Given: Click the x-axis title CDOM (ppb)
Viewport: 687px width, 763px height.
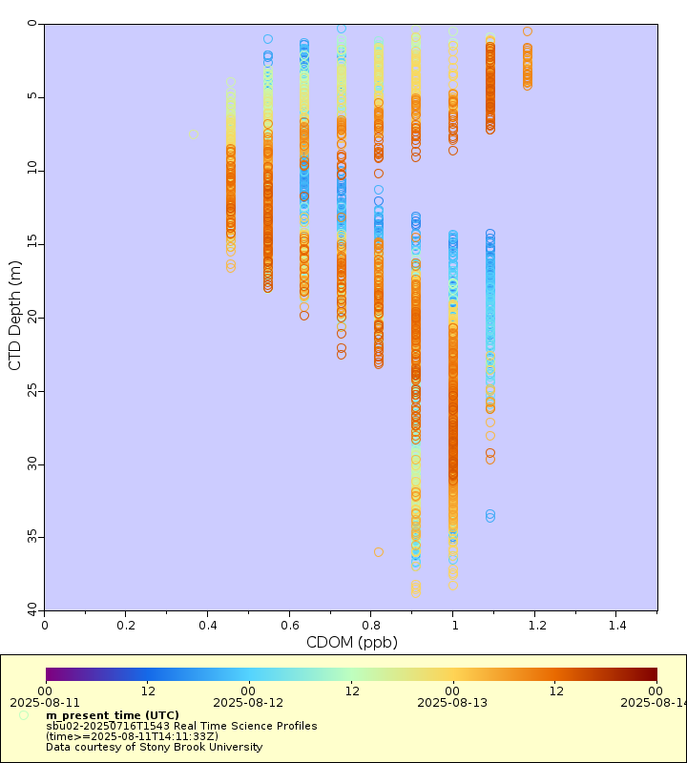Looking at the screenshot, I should pyautogui.click(x=351, y=643).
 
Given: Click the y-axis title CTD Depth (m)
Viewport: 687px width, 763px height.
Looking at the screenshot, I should pyautogui.click(x=15, y=316).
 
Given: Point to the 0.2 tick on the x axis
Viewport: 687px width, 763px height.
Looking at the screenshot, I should pyautogui.click(x=126, y=625).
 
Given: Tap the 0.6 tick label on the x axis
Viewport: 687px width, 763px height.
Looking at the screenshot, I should pyautogui.click(x=290, y=625).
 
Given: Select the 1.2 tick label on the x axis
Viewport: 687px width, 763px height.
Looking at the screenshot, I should pyautogui.click(x=535, y=625).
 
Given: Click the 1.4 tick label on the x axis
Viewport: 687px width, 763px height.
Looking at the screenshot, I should pyautogui.click(x=616, y=625).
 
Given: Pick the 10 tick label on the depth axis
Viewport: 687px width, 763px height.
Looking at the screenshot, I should pyautogui.click(x=31, y=170).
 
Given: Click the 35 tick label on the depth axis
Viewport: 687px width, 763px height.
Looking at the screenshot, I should pyautogui.click(x=31, y=537).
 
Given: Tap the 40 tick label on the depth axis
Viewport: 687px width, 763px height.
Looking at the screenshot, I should pyautogui.click(x=31, y=609).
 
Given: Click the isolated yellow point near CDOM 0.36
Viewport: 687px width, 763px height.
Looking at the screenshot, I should pyautogui.click(x=193, y=134).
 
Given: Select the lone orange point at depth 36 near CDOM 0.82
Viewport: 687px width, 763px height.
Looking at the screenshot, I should pyautogui.click(x=379, y=552).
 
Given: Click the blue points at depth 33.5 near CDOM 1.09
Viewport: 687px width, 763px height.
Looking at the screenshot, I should pyautogui.click(x=490, y=516).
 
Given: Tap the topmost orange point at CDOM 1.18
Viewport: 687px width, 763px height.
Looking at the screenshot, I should pyautogui.click(x=528, y=31).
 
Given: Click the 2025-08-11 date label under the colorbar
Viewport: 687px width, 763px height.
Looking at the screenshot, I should pyautogui.click(x=45, y=703).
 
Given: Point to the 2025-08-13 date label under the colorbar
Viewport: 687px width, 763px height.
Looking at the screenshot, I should pyautogui.click(x=452, y=703).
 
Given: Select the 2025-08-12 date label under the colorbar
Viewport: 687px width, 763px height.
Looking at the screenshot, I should pyautogui.click(x=248, y=703).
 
